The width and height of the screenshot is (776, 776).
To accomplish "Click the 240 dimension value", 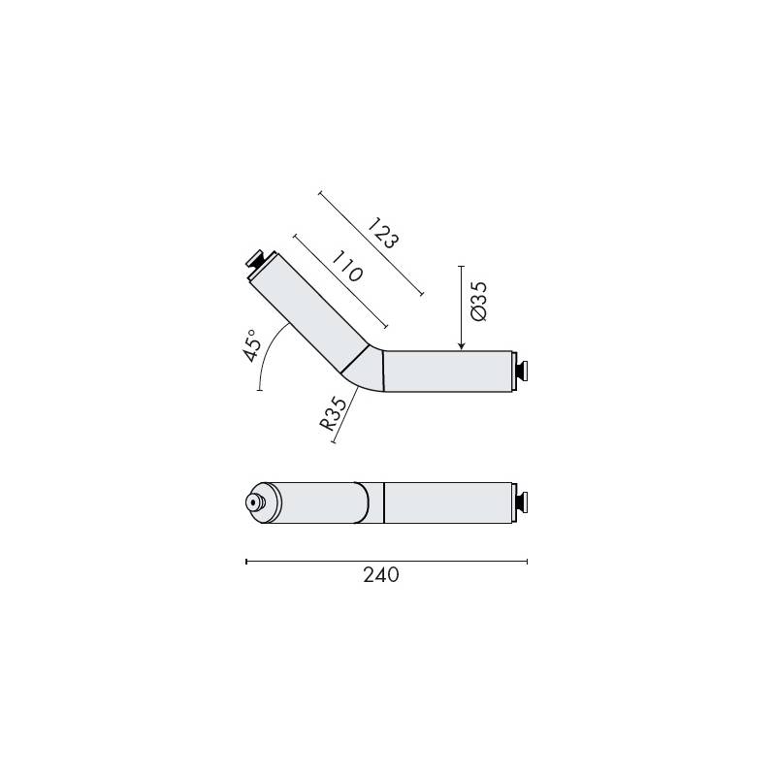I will click(x=381, y=575).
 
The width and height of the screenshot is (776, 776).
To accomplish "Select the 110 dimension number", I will click(x=346, y=267).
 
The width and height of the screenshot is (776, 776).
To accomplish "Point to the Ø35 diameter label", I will click(x=478, y=302).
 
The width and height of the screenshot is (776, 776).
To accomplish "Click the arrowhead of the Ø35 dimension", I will click(x=461, y=344).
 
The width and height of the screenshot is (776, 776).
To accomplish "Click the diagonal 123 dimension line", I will click(x=371, y=243).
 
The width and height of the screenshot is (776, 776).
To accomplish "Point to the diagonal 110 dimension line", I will click(x=339, y=280).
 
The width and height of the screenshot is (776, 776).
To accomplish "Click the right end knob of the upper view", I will click(x=521, y=372).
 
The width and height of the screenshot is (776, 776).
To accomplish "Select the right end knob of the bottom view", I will click(x=521, y=502).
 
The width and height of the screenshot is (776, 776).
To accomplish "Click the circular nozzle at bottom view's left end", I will click(x=255, y=502).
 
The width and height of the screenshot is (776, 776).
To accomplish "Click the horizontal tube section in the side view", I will click(x=447, y=372).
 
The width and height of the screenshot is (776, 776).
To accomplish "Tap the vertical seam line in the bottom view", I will click(x=384, y=502).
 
